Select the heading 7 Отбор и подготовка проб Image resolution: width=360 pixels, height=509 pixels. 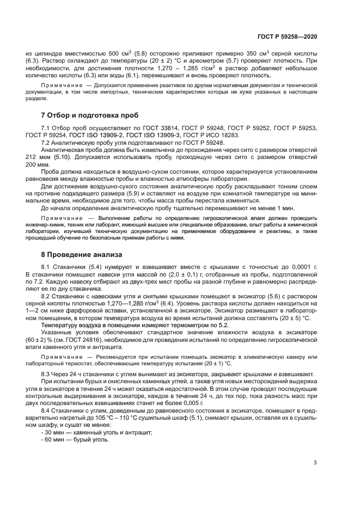[90, 115]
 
